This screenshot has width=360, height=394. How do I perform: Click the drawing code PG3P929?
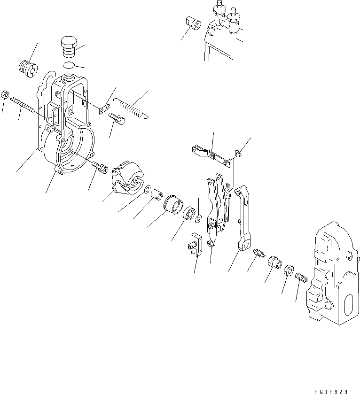(331, 392)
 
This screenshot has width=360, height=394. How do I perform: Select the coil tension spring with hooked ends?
(131, 108)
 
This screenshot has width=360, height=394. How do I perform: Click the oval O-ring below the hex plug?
(69, 65)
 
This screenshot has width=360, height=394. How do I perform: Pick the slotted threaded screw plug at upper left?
(28, 69)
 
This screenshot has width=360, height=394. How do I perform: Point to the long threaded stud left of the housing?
(22, 106)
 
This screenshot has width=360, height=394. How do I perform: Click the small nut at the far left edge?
(5, 94)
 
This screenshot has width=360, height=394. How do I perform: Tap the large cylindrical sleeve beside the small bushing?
(173, 204)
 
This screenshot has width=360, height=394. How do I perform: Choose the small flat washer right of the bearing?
(198, 218)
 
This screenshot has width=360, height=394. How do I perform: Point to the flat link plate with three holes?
(211, 156)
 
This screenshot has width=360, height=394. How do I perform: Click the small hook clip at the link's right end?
(238, 154)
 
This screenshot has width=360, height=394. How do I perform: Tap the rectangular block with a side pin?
(195, 244)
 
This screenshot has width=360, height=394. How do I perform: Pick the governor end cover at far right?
(332, 274)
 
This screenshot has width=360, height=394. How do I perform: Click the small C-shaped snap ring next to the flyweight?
(148, 189)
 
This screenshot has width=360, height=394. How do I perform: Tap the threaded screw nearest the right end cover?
(301, 278)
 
